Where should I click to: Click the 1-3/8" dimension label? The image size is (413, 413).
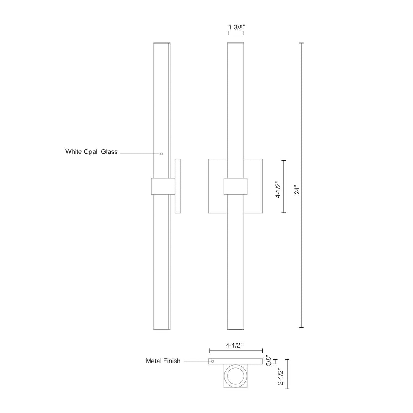pos(236,28)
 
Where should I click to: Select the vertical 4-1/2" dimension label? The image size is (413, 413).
pos(279,189)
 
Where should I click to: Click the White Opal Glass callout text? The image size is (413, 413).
pos(91,152)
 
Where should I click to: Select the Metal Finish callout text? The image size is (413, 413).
pos(163,361)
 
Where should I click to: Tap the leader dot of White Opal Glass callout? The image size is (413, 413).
pos(161,154)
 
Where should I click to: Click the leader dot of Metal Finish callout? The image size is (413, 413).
pos(213,361)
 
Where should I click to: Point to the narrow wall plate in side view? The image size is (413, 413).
pos(178,186)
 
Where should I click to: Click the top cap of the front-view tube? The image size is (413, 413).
pos(236,43)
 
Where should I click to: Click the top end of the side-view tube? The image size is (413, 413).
pos(161,43)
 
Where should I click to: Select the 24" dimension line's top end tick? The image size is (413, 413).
pos(301,43)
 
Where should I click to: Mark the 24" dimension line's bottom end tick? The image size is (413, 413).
pos(301,327)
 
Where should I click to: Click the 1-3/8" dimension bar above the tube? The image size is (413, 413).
pos(236,34)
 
